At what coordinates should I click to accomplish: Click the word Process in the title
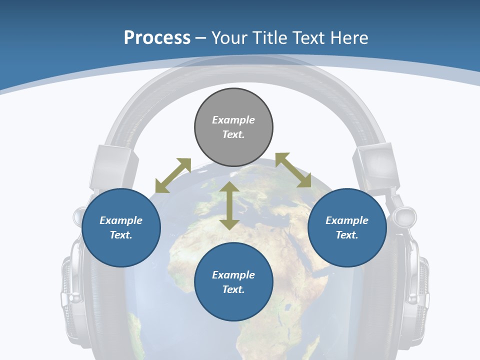pyautogui.click(x=157, y=37)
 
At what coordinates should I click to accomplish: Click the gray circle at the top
pyautogui.click(x=233, y=127)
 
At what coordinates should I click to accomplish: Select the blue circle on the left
pyautogui.click(x=121, y=227)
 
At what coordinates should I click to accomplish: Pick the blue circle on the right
pyautogui.click(x=347, y=227)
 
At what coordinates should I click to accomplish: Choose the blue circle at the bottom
pyautogui.click(x=233, y=282)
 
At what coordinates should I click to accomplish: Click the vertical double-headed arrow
pyautogui.click(x=229, y=205)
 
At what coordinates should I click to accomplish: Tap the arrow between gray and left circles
pyautogui.click(x=173, y=175)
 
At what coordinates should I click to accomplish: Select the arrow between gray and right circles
pyautogui.click(x=293, y=170)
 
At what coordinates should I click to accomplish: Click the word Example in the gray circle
pyautogui.click(x=233, y=120)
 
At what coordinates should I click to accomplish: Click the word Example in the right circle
pyautogui.click(x=347, y=220)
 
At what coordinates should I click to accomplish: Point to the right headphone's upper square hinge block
pyautogui.click(x=376, y=165)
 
